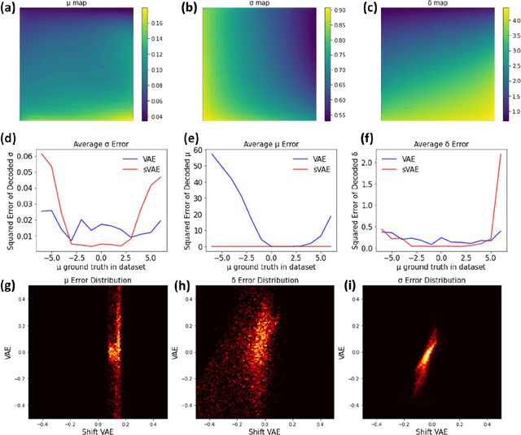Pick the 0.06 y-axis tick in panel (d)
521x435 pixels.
(26, 156)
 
